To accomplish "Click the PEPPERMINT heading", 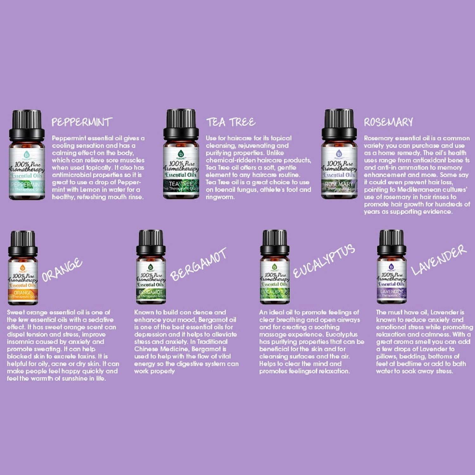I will pyautogui.click(x=82, y=122).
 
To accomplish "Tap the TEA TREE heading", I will pyautogui.click(x=231, y=122).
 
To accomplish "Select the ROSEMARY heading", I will pyautogui.click(x=389, y=122).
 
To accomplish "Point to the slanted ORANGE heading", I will pyautogui.click(x=62, y=270).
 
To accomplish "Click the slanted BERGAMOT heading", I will pyautogui.click(x=199, y=264).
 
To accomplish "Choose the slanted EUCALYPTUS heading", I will pyautogui.click(x=324, y=261).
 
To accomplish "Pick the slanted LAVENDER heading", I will pyautogui.click(x=439, y=260).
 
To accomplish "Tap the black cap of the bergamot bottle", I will pyautogui.click(x=151, y=243).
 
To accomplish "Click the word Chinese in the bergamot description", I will pyautogui.click(x=146, y=349).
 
